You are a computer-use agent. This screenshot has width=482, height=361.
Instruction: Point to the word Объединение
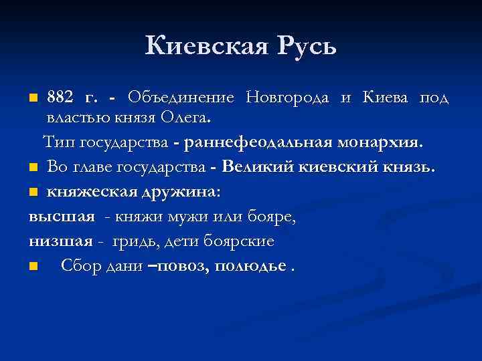(180, 98)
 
